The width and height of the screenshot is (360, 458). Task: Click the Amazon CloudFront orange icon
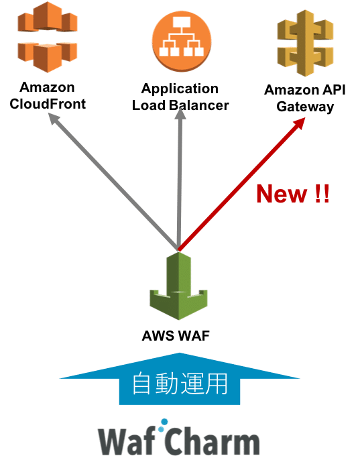[48, 37]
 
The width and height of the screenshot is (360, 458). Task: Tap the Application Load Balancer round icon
[182, 41]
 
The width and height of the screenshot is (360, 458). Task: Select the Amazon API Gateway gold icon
[305, 43]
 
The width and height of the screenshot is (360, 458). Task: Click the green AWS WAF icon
[178, 286]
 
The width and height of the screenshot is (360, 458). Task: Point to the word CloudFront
[48, 104]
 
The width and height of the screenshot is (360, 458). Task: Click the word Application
[180, 89]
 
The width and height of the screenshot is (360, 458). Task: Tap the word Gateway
[305, 107]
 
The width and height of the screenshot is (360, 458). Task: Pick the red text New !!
[293, 194]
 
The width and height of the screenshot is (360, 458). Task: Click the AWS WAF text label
[176, 335]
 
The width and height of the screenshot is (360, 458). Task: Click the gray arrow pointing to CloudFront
[113, 181]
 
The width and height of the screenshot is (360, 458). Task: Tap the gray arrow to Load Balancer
[180, 179]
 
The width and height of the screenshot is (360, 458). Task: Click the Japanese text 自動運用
[180, 383]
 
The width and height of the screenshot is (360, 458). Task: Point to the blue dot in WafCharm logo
[164, 422]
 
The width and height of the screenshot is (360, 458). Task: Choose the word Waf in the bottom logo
[127, 440]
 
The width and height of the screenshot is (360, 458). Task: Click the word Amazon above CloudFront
[47, 87]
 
